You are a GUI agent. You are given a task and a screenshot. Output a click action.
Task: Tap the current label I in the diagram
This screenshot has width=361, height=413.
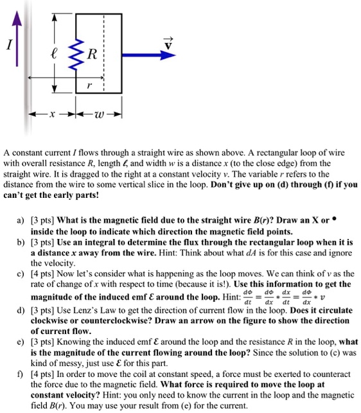tap(8, 47)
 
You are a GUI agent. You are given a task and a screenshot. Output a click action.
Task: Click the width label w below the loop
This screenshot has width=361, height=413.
tap(98, 118)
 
